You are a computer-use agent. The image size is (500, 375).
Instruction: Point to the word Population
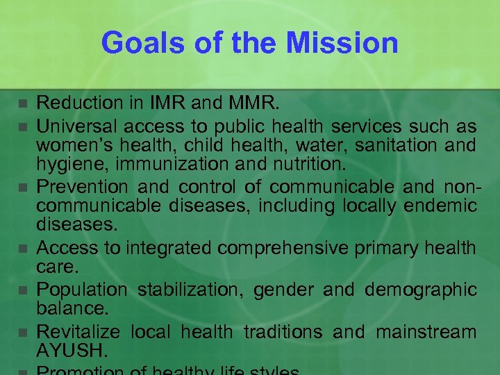point(82,290)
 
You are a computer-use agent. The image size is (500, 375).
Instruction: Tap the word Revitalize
point(78,333)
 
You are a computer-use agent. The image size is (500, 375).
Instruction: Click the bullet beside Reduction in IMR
point(23,104)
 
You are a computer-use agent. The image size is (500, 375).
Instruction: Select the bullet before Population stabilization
point(23,290)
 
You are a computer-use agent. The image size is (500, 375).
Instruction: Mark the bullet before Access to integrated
point(23,248)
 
